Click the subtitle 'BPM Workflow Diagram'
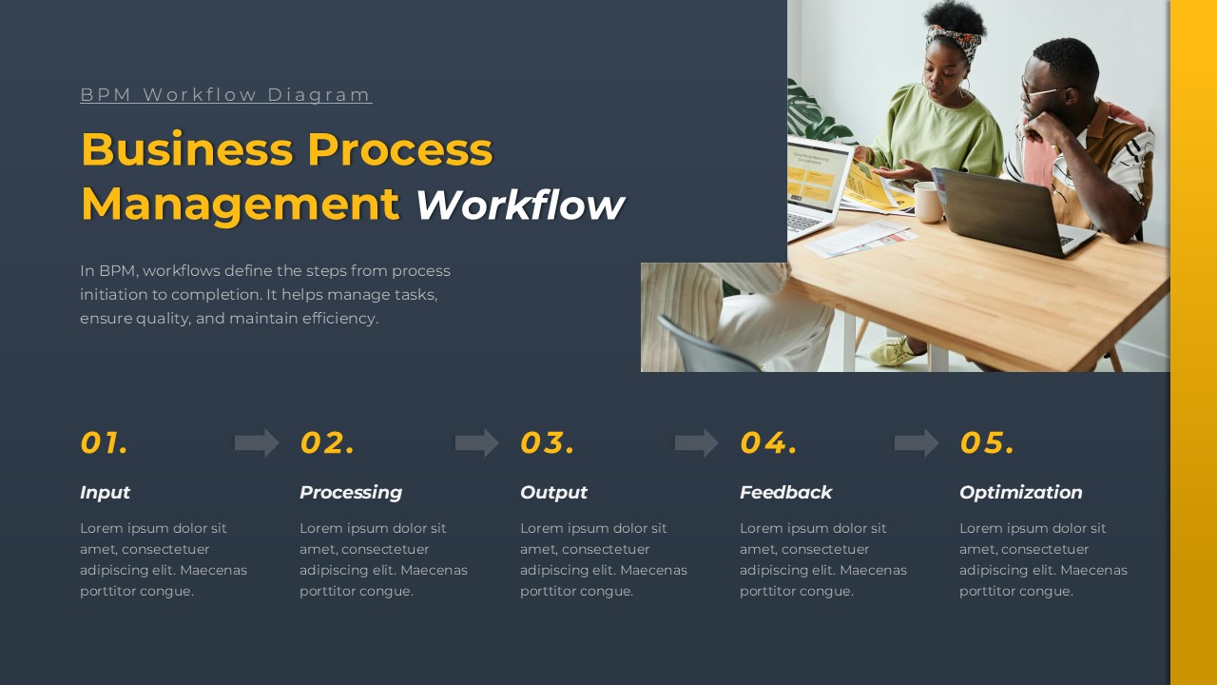tap(226, 94)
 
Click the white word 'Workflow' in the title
tap(520, 205)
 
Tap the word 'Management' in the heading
tap(241, 205)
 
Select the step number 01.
tap(104, 442)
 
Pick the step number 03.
tap(547, 442)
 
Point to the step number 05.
tap(987, 442)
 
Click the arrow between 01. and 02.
tap(257, 443)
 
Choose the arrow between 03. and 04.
tap(697, 443)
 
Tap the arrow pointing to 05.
tap(917, 443)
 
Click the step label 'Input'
tap(105, 493)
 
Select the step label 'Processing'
tap(351, 493)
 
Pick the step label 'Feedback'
tap(785, 493)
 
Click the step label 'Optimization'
tap(1021, 493)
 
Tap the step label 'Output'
tap(553, 493)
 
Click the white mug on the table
tap(929, 202)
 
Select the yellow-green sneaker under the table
tap(895, 352)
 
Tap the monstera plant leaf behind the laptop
tap(813, 114)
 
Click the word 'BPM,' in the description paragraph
tap(119, 271)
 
